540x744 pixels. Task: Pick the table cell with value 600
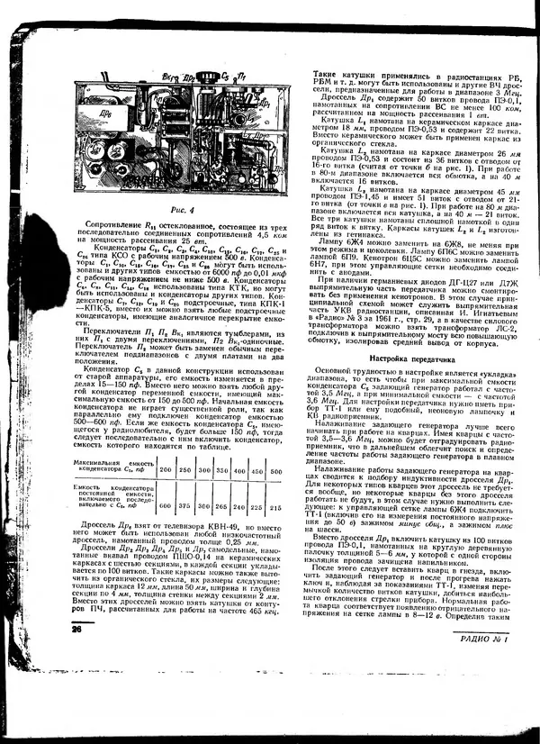(166, 504)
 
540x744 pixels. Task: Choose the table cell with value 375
(187, 504)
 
